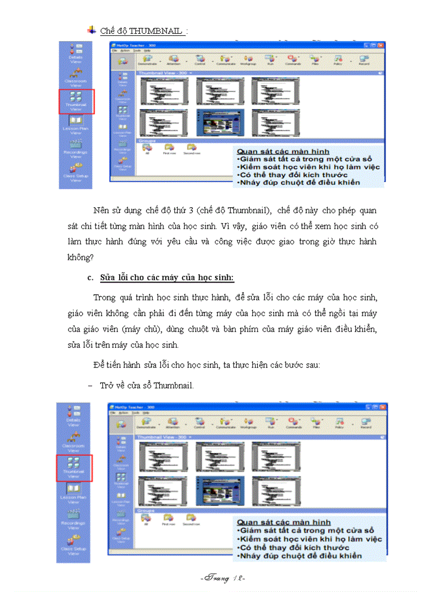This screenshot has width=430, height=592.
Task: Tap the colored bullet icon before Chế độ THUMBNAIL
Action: [x=92, y=31]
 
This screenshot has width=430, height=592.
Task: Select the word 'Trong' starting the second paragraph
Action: [x=104, y=298]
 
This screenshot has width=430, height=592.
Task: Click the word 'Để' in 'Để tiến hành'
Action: [x=99, y=365]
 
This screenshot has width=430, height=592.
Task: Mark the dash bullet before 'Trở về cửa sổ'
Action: [x=90, y=386]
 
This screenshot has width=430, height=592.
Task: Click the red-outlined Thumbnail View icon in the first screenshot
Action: [x=76, y=101]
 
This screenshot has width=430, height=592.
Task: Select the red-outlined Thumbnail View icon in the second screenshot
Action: [x=74, y=468]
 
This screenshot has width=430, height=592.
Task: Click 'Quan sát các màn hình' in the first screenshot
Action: [x=283, y=152]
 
